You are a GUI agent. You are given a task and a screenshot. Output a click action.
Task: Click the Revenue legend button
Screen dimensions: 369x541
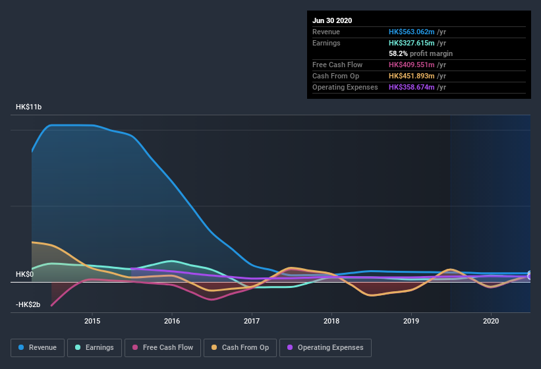[x=38, y=347]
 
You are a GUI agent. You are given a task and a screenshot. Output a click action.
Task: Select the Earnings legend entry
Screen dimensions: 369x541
[x=94, y=347]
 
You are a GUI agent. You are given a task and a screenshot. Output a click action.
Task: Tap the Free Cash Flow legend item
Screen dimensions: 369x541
[x=163, y=347]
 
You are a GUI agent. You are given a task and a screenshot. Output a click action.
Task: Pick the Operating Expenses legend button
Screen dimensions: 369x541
[x=325, y=347]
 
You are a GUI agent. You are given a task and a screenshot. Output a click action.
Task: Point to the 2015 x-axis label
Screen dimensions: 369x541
[x=92, y=321]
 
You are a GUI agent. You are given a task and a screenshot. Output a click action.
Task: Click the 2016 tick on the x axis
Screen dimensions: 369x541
[x=172, y=321]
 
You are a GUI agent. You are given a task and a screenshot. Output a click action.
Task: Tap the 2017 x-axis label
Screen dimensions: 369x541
[x=252, y=321]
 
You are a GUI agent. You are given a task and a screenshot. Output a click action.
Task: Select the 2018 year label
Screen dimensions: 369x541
[x=331, y=321]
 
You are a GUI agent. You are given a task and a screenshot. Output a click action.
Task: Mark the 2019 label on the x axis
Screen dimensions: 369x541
[x=411, y=321]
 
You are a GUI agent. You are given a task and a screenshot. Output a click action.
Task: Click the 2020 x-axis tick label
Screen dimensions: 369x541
[x=491, y=321]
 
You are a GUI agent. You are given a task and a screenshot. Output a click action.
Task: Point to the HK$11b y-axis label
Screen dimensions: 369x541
[x=29, y=107]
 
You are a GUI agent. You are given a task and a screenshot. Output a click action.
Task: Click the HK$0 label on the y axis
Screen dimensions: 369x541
[x=24, y=274]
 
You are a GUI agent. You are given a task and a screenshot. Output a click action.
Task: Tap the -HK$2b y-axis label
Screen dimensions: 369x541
[x=28, y=304]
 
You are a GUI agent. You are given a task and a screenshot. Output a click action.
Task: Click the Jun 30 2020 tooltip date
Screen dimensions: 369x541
[x=332, y=20]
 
